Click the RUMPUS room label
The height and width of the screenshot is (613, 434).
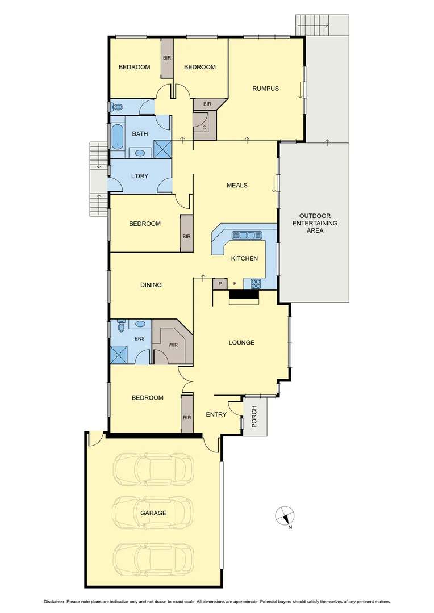(266, 89)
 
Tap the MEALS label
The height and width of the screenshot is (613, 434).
(237, 185)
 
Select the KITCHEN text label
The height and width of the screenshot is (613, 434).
(244, 258)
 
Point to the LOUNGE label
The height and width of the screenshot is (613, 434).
(241, 343)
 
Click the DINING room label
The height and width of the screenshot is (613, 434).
(151, 285)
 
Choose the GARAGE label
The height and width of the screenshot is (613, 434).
(153, 513)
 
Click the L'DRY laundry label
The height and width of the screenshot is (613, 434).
(140, 176)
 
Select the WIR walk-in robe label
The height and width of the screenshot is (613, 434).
(173, 344)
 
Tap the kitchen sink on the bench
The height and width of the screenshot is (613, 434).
(247, 235)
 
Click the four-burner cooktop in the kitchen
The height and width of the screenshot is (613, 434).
(253, 284)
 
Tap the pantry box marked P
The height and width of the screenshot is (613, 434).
(219, 284)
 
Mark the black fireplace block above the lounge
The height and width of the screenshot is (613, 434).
(244, 295)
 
